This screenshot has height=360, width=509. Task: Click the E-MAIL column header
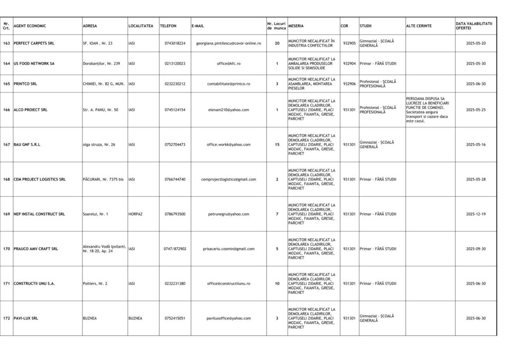198,26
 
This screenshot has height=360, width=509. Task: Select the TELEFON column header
168,26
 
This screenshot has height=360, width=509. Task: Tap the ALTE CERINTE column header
419,26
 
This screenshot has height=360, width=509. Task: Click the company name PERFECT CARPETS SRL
34,43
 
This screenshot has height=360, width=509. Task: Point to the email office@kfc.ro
229,64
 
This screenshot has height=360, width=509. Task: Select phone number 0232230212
175,84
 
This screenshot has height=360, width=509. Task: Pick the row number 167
6,145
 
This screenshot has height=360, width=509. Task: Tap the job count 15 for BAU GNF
277,145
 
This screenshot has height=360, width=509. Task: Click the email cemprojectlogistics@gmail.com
229,179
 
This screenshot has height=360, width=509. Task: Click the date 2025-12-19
476,214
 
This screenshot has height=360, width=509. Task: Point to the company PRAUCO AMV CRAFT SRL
36,249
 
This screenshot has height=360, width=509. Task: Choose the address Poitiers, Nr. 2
95,283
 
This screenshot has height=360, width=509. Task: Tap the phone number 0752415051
175,318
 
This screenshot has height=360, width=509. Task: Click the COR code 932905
349,43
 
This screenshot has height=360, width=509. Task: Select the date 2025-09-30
476,249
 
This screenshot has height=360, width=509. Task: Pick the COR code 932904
349,64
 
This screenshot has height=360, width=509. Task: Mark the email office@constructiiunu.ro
229,283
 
